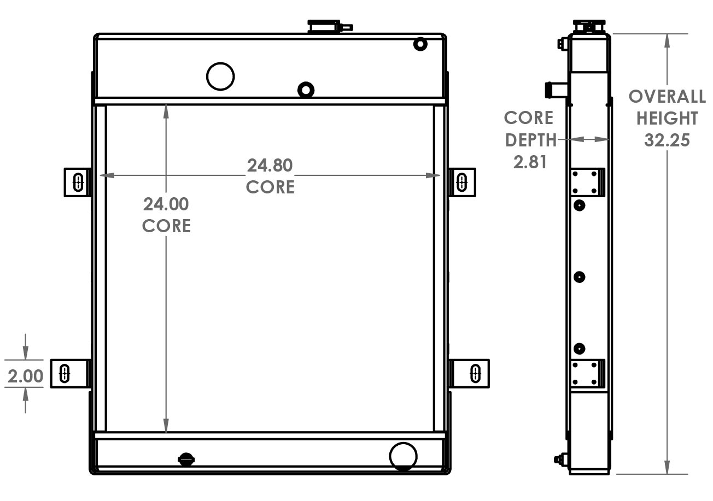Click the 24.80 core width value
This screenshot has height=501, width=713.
(x=270, y=165)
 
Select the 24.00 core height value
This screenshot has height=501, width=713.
(x=166, y=204)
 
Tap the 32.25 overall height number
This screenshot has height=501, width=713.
(x=667, y=140)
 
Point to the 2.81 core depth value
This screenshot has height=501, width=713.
(x=530, y=162)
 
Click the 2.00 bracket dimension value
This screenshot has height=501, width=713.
(x=25, y=376)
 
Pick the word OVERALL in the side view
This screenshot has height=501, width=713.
(x=667, y=97)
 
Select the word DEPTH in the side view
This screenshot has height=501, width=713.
(x=530, y=140)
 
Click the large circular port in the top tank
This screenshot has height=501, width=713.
(x=220, y=76)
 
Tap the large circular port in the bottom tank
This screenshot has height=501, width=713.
(x=403, y=456)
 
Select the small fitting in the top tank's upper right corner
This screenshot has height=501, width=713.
(x=420, y=44)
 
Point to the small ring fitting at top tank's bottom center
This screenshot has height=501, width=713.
(x=305, y=89)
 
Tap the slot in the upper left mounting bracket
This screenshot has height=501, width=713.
(x=78, y=182)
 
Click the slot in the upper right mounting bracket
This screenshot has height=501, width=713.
(x=461, y=182)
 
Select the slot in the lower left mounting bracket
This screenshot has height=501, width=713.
(x=64, y=374)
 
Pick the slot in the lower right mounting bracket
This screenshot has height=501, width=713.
(x=475, y=374)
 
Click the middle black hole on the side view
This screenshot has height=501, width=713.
(x=580, y=277)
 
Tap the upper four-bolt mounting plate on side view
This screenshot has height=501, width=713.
(x=586, y=182)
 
